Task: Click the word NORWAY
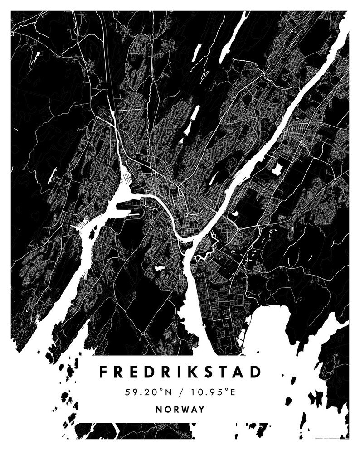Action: [x=180, y=409]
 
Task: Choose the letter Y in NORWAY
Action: [x=201, y=409]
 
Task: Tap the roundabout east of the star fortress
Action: [x=238, y=230]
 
